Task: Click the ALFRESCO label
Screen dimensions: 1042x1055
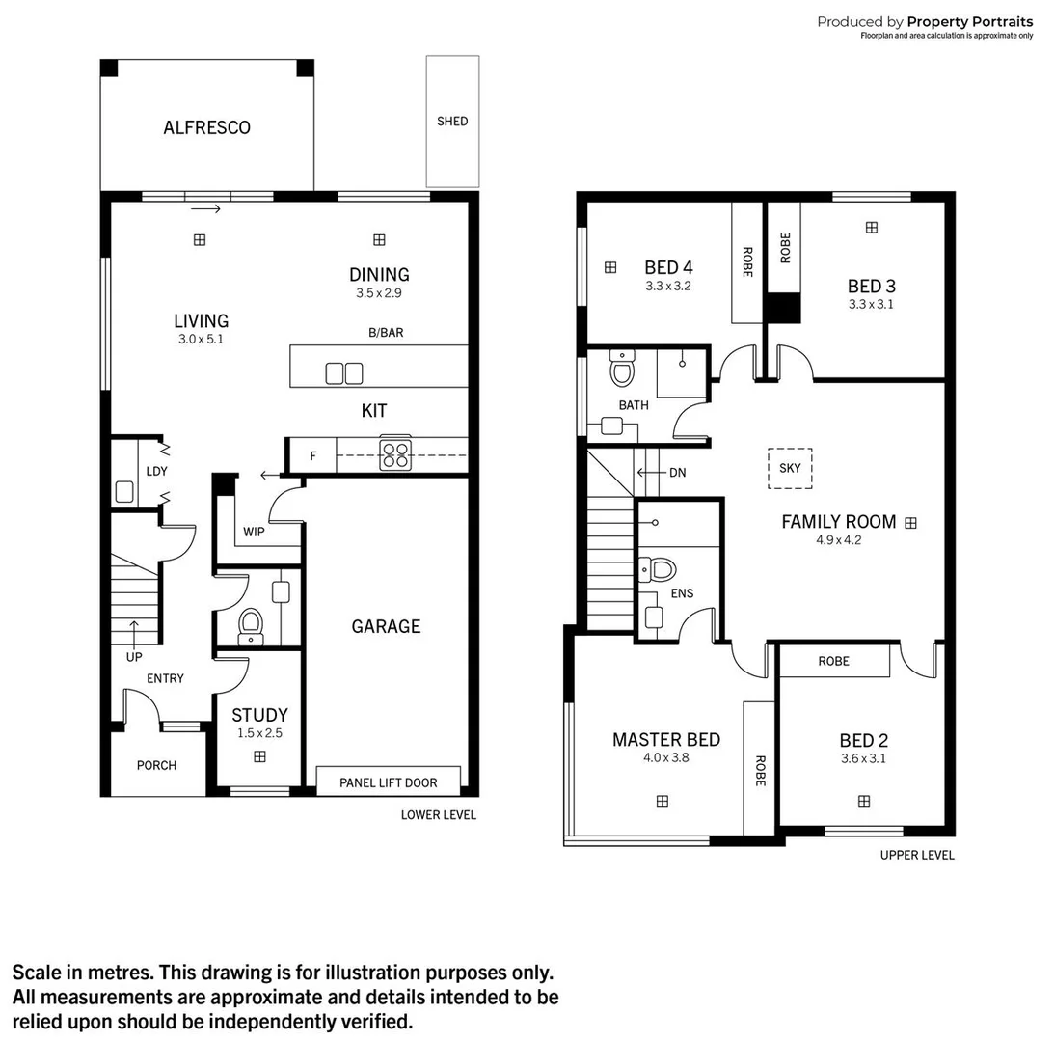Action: point(206,127)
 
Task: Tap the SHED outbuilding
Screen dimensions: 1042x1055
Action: point(452,122)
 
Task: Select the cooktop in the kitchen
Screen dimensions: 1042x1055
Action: point(394,453)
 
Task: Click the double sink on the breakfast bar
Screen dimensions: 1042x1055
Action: point(344,372)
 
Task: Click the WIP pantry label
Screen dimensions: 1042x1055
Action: point(254,532)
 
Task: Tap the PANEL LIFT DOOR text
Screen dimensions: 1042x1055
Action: point(388,782)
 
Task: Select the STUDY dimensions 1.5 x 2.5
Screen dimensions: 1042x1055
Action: point(259,733)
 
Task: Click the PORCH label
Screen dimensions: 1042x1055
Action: point(156,765)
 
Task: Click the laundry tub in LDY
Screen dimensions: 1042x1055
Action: point(124,491)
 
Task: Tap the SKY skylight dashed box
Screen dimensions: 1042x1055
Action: point(790,468)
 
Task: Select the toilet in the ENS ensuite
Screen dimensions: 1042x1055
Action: point(662,569)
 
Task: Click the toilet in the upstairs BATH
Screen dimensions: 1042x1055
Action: point(622,370)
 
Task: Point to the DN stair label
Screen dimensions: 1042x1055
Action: point(678,473)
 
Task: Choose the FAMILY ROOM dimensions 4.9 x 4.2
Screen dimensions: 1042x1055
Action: point(837,540)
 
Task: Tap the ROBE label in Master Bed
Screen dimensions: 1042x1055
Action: point(759,769)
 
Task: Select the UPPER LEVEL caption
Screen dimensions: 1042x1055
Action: point(917,855)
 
